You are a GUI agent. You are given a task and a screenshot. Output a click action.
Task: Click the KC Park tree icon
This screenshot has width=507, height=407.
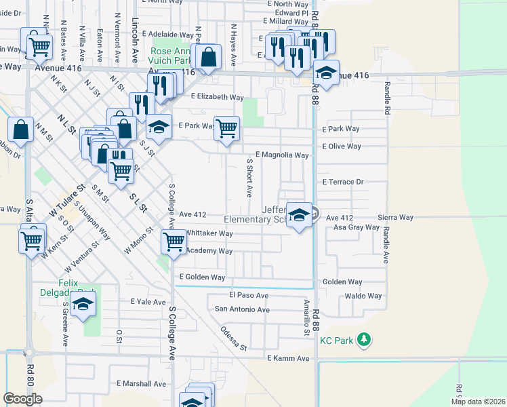(365, 340)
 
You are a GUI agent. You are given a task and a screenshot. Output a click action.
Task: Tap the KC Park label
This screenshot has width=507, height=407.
(337, 341)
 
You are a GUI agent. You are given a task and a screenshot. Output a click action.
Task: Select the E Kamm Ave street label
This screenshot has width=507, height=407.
(288, 357)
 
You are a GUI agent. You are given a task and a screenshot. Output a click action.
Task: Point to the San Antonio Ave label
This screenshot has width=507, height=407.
(242, 309)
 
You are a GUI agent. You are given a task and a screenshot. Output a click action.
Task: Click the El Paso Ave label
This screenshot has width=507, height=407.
(249, 296)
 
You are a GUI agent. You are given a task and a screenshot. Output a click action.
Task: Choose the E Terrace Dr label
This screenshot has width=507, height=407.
(343, 182)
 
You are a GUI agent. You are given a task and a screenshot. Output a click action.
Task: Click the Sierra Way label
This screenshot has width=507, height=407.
(397, 217)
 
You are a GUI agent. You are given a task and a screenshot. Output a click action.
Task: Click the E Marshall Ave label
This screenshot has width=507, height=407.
(141, 383)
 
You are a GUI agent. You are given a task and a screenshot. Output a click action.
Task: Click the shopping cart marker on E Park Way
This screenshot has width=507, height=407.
(227, 127)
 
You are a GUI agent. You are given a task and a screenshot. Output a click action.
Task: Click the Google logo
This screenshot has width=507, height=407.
(22, 399)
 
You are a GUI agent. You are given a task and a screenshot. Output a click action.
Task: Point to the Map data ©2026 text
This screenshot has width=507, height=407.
(478, 402)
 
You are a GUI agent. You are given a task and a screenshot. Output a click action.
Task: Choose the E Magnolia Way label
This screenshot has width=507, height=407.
(281, 155)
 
